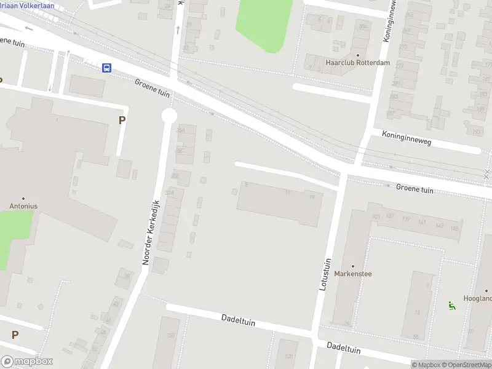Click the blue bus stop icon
[107, 68]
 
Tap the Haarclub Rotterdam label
[350, 62]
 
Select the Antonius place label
[23, 206]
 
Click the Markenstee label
[353, 274]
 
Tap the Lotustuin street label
[327, 275]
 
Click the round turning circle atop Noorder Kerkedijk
[169, 116]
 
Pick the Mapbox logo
[27, 362]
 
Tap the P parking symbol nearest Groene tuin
[122, 121]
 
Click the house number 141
[422, 223]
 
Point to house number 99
[312, 197]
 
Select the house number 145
[454, 228]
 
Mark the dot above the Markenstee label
[353, 266]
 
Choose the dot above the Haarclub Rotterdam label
[358, 54]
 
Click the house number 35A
[181, 130]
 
